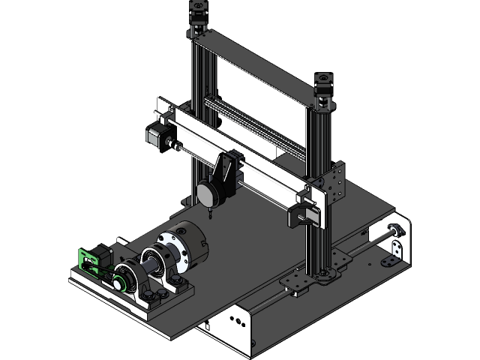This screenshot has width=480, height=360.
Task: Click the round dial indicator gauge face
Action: (x=207, y=193)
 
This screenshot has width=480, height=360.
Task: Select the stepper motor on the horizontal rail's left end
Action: (x=155, y=135)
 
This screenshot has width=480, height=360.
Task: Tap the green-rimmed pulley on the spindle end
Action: (x=118, y=283)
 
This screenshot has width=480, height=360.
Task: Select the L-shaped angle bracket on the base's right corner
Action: (x=388, y=262)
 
